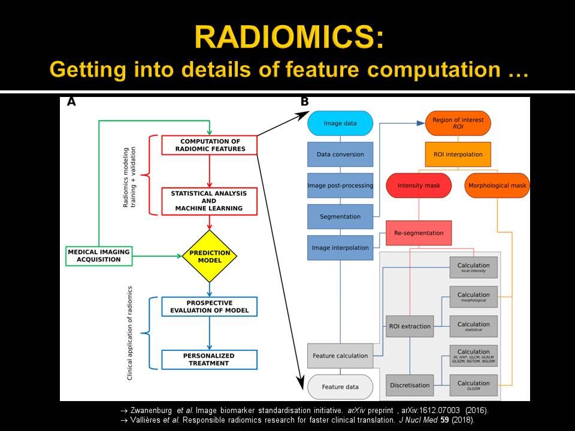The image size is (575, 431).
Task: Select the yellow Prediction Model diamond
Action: point(210,256)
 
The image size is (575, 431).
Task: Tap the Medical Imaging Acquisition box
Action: point(99,256)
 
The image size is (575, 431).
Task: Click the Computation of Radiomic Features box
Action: point(210,145)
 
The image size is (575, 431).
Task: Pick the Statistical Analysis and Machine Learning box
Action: point(210,201)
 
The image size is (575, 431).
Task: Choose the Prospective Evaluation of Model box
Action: point(210,306)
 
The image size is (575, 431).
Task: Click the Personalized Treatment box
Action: point(210,359)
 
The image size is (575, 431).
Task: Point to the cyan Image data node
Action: point(340,123)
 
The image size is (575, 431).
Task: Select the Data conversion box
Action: point(340,154)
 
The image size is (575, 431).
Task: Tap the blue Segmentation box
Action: point(340,217)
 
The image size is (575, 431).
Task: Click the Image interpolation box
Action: point(340,247)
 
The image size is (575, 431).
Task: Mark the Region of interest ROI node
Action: point(458,123)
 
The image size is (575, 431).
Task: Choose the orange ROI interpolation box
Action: point(458,154)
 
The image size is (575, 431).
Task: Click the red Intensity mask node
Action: point(419,186)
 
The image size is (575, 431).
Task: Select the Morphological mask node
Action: point(497,186)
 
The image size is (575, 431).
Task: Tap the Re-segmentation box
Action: point(419,232)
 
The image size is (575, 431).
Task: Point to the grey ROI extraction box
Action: point(410,326)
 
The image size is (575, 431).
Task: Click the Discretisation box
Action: point(410,386)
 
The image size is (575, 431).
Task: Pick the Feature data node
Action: point(340,387)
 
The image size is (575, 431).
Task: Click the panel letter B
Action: point(304,102)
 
